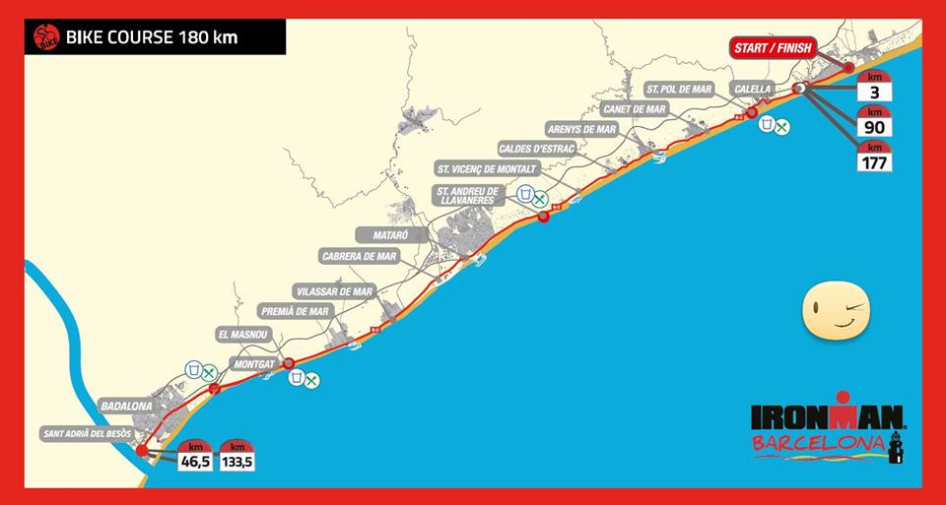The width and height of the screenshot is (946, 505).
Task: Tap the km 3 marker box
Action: tap(874, 88)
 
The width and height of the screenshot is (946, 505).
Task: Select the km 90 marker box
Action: tap(874, 122)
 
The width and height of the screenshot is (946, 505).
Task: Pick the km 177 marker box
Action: tap(874, 157)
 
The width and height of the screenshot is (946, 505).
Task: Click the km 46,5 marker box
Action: tap(195, 455)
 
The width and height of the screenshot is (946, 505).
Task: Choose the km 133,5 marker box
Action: tap(236, 455)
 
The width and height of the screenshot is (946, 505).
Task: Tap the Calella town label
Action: tap(752, 89)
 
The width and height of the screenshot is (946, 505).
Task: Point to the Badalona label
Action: tap(125, 406)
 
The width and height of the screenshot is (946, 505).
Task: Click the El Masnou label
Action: tap(241, 335)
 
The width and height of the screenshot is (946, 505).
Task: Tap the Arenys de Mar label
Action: tap(580, 129)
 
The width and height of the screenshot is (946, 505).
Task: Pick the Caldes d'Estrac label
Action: tap(537, 149)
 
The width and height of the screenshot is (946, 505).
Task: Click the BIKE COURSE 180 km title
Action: tap(152, 39)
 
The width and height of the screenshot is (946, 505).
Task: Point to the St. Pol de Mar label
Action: tap(679, 89)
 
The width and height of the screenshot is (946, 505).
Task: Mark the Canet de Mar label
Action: tap(634, 109)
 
